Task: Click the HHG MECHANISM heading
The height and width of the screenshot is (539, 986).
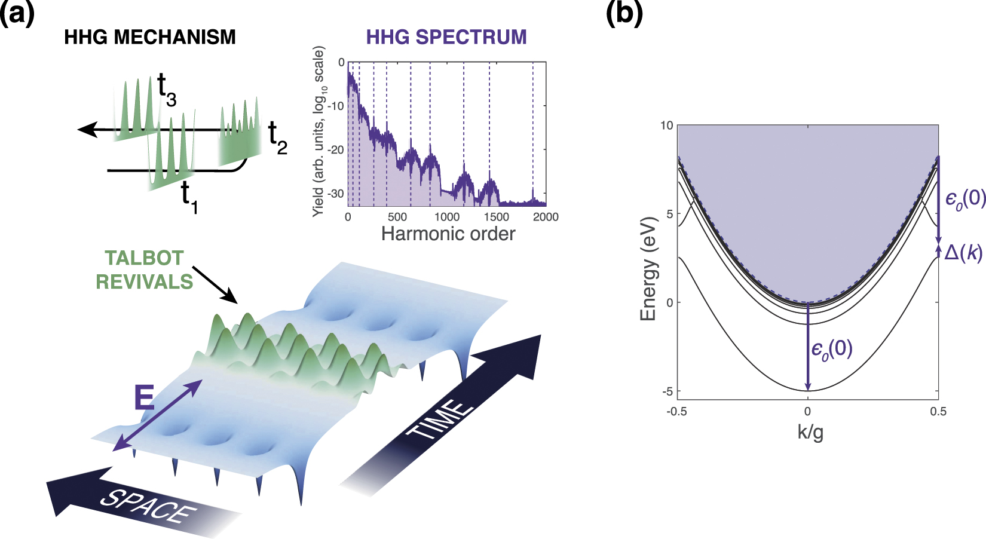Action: (x=149, y=37)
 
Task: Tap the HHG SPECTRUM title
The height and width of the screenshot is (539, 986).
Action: (x=446, y=37)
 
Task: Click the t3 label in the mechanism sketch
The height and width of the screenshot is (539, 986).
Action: (x=167, y=90)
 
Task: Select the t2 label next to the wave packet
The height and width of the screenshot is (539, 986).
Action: (x=277, y=138)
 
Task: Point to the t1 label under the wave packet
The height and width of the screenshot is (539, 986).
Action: (x=189, y=198)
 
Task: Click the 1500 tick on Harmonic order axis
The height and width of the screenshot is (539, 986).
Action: (x=495, y=217)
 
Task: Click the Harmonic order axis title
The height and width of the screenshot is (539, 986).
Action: (x=448, y=234)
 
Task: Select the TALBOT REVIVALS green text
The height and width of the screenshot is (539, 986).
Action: (x=144, y=269)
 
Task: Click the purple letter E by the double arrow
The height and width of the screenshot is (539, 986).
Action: (x=144, y=397)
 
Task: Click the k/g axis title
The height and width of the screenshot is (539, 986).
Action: (x=810, y=431)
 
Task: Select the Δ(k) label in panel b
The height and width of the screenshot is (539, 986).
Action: (x=963, y=253)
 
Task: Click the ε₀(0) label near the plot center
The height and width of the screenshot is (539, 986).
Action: (x=831, y=349)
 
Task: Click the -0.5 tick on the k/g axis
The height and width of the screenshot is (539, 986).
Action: (x=676, y=411)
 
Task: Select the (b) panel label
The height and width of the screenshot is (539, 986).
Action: (x=624, y=13)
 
